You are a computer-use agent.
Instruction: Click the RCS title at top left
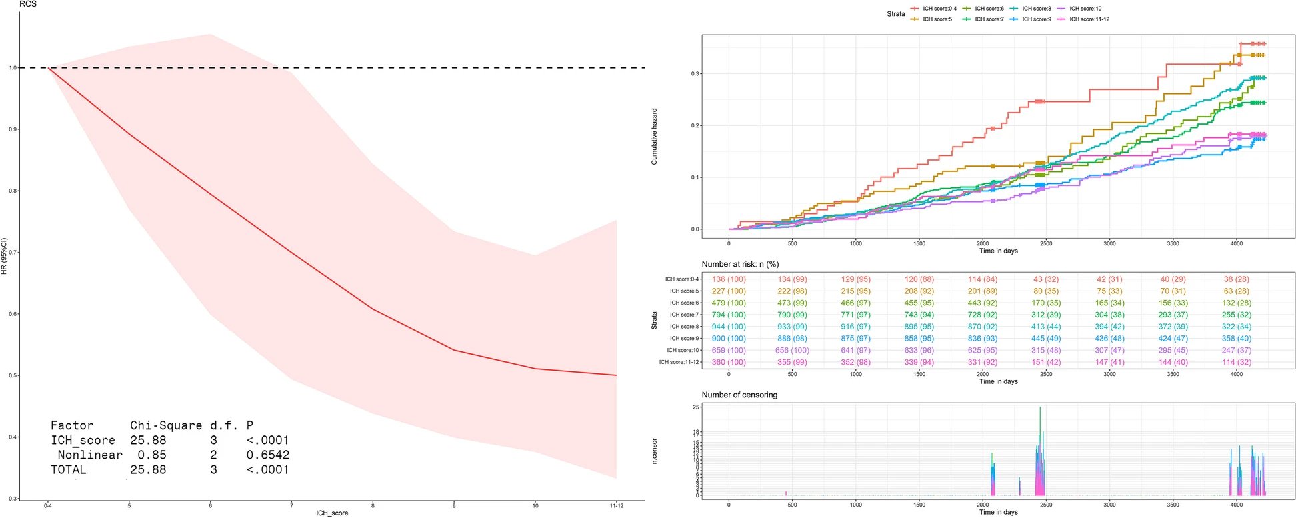(x=27, y=4)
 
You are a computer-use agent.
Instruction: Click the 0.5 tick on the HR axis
(x=13, y=375)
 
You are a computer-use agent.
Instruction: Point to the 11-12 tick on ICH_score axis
(x=616, y=506)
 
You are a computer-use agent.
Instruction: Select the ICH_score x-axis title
(x=332, y=513)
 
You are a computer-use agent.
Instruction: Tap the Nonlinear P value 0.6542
(x=267, y=455)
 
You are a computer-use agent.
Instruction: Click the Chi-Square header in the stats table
(x=165, y=425)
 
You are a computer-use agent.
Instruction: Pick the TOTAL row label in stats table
(x=68, y=469)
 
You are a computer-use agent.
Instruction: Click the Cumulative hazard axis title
(x=654, y=137)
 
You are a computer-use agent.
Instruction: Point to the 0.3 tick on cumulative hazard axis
(x=695, y=74)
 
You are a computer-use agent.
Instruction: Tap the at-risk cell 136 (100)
(x=729, y=279)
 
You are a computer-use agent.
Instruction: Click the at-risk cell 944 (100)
(x=729, y=327)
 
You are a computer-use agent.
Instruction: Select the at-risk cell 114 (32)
(x=1236, y=362)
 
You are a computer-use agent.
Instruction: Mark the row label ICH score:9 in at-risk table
(x=684, y=339)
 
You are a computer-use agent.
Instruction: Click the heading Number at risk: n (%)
(x=740, y=264)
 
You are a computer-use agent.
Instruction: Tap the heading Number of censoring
(x=739, y=395)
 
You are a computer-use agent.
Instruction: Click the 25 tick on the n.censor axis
(x=696, y=407)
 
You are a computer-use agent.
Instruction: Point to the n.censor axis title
(x=654, y=451)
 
